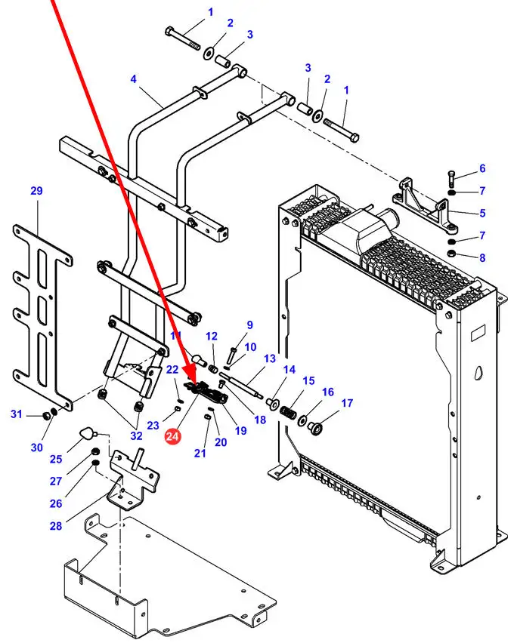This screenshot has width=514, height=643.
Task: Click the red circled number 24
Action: tap(173, 436)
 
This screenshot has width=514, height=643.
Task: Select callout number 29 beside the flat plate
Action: tap(36, 192)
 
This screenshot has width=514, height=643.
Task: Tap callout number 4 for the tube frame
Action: tap(133, 78)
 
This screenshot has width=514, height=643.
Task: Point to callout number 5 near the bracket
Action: tap(482, 214)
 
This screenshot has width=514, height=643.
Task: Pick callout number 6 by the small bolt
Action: tap(482, 168)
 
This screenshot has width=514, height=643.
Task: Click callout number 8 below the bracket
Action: tap(482, 257)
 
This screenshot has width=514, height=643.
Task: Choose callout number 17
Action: tap(347, 403)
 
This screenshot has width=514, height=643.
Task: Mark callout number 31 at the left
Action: tap(16, 414)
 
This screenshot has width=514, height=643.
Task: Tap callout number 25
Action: tap(56, 459)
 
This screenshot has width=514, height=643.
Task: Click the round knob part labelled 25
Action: tap(88, 432)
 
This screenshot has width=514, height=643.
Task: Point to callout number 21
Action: tap(200, 453)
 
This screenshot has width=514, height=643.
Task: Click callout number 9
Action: tap(249, 326)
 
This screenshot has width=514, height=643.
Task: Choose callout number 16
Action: tap(327, 392)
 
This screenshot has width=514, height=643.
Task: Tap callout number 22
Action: tap(172, 369)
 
